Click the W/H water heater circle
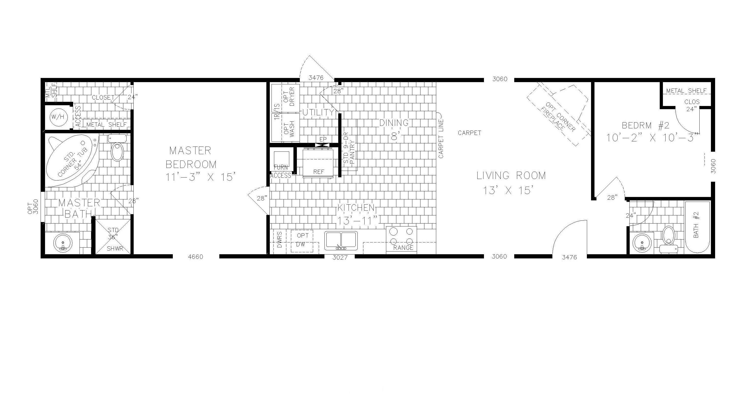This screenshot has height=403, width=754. [58, 117]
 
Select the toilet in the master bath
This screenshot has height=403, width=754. [117, 150]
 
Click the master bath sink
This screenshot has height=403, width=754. [62, 243]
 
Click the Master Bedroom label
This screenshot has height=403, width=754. [191, 158]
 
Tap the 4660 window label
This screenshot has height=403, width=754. [195, 257]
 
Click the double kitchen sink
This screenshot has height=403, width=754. [341, 240]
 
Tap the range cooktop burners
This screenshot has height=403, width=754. [401, 237]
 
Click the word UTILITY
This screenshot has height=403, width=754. [318, 112]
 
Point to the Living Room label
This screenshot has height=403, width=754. [511, 176]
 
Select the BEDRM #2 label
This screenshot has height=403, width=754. [645, 126]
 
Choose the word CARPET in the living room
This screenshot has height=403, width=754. [469, 133]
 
